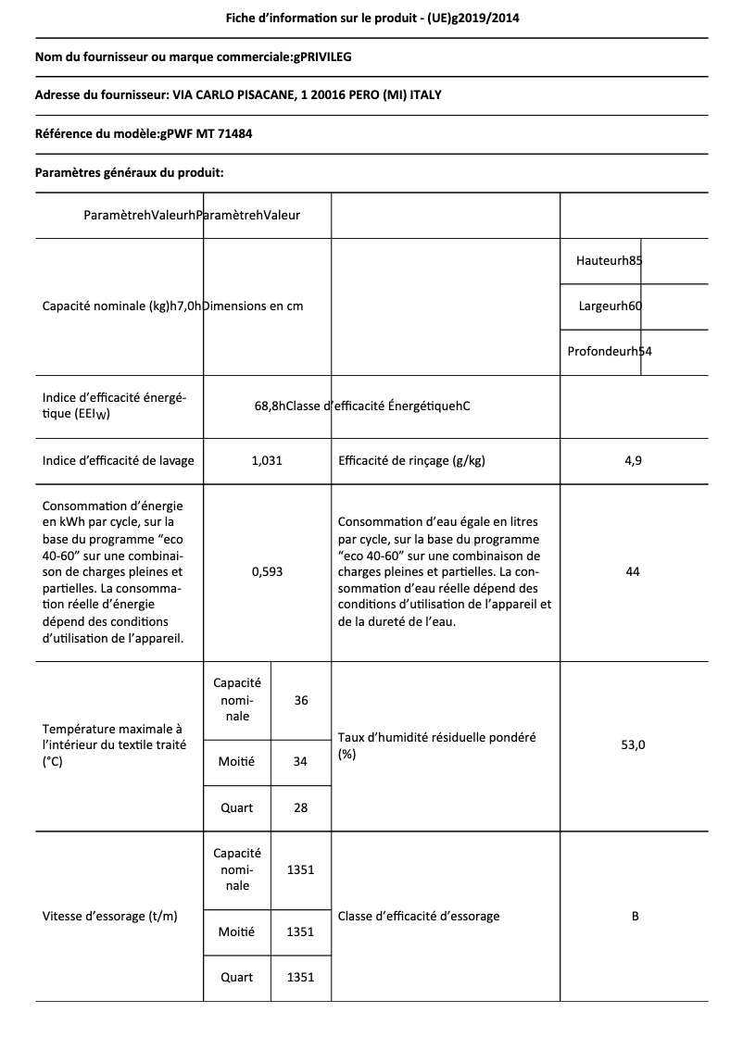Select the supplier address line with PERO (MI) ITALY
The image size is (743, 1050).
(x=245, y=95)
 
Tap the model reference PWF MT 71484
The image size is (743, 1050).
(x=207, y=133)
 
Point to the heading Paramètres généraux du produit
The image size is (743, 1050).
(x=129, y=172)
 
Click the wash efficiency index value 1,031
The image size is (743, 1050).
(x=267, y=460)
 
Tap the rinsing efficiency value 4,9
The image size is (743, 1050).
(x=633, y=460)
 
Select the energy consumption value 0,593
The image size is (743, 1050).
(x=267, y=571)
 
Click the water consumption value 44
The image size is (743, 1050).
(x=633, y=571)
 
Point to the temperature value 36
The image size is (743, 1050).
(x=301, y=700)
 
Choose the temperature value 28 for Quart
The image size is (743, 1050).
(x=301, y=807)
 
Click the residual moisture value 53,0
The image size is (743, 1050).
(x=633, y=744)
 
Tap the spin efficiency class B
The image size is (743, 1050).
(x=635, y=916)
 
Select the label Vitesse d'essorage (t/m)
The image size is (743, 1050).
(x=110, y=916)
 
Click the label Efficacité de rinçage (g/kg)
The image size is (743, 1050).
(x=412, y=460)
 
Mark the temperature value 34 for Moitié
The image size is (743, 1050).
(x=301, y=761)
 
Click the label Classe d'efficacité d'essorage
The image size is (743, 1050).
(x=419, y=916)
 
